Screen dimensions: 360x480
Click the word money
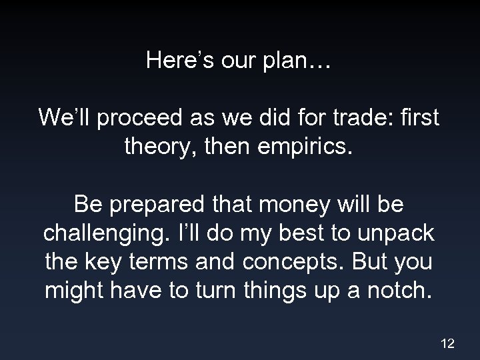[283, 203]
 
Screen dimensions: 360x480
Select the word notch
[400, 291]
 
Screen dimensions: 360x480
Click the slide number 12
[447, 343]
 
